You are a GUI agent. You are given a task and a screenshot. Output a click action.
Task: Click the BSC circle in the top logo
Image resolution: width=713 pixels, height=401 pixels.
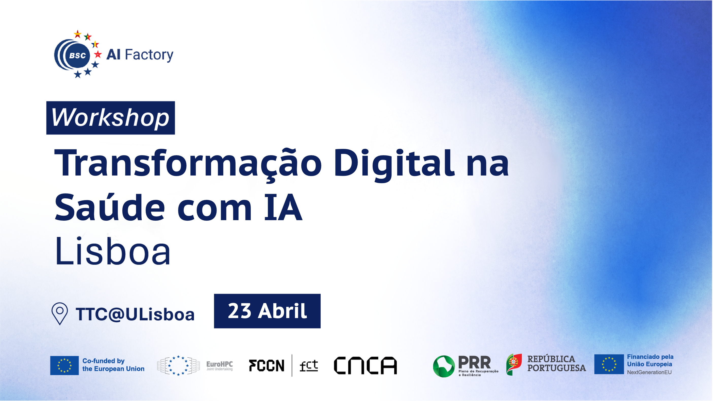click(77, 55)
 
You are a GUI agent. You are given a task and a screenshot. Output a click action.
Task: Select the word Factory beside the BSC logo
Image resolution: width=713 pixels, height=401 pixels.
click(149, 55)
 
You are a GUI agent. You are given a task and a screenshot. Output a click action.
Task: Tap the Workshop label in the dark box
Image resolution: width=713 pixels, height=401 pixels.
click(110, 118)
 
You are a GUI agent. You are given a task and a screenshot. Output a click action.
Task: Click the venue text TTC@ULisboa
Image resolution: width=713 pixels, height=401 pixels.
click(135, 314)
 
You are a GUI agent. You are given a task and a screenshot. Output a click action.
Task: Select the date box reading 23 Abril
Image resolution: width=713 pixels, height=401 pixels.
click(267, 311)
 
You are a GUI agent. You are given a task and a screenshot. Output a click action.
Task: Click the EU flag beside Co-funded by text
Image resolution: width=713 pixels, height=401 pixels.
click(64, 365)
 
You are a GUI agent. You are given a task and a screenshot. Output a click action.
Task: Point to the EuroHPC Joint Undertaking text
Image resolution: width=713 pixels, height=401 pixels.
click(220, 365)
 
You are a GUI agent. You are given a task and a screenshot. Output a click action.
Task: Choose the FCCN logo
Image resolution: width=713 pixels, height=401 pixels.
click(267, 365)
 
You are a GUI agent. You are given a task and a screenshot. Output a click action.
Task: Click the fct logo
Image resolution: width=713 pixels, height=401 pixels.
click(309, 365)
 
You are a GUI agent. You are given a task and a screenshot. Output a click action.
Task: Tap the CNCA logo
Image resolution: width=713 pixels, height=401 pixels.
click(365, 365)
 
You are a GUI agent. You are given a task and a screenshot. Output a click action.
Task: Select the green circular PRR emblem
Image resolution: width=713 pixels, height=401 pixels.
click(444, 366)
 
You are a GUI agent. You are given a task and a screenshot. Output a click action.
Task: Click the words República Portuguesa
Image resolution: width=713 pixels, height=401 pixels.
click(556, 363)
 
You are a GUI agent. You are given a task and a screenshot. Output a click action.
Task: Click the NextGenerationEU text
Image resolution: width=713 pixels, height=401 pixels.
click(649, 372)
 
